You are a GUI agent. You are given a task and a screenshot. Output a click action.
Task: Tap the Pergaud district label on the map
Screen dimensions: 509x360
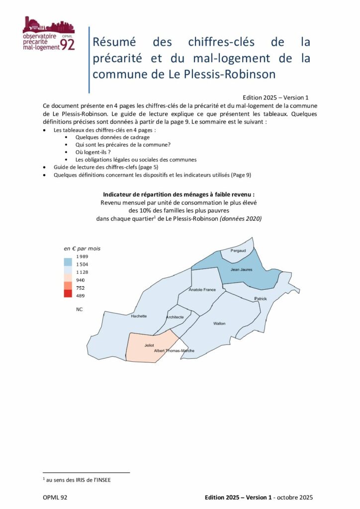pos(238,251)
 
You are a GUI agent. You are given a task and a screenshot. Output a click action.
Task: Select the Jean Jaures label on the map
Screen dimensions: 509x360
pos(241,269)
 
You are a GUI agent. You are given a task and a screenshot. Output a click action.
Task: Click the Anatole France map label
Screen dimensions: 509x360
pos(202,289)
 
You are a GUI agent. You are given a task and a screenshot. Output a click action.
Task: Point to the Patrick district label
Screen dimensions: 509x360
pos(261,299)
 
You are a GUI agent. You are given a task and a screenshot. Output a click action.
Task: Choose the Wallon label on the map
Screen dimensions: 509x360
pos(219,324)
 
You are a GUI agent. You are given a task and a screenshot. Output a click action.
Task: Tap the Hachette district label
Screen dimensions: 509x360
pos(139,316)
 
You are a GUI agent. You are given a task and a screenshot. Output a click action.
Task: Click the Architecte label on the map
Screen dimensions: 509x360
pos(175,317)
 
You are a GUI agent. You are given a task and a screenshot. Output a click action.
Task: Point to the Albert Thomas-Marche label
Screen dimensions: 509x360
pos(174,351)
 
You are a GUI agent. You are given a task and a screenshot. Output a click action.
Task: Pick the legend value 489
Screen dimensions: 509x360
pos(80,296)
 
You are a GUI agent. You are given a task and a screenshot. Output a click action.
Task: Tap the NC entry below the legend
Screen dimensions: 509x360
pos(80,309)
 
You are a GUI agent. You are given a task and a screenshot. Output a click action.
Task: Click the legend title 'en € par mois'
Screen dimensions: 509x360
pos(82,248)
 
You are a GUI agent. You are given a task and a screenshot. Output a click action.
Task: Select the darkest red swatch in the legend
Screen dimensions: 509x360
pos(68,294)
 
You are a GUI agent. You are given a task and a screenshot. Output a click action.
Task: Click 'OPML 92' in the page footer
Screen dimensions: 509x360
pos(55,497)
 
